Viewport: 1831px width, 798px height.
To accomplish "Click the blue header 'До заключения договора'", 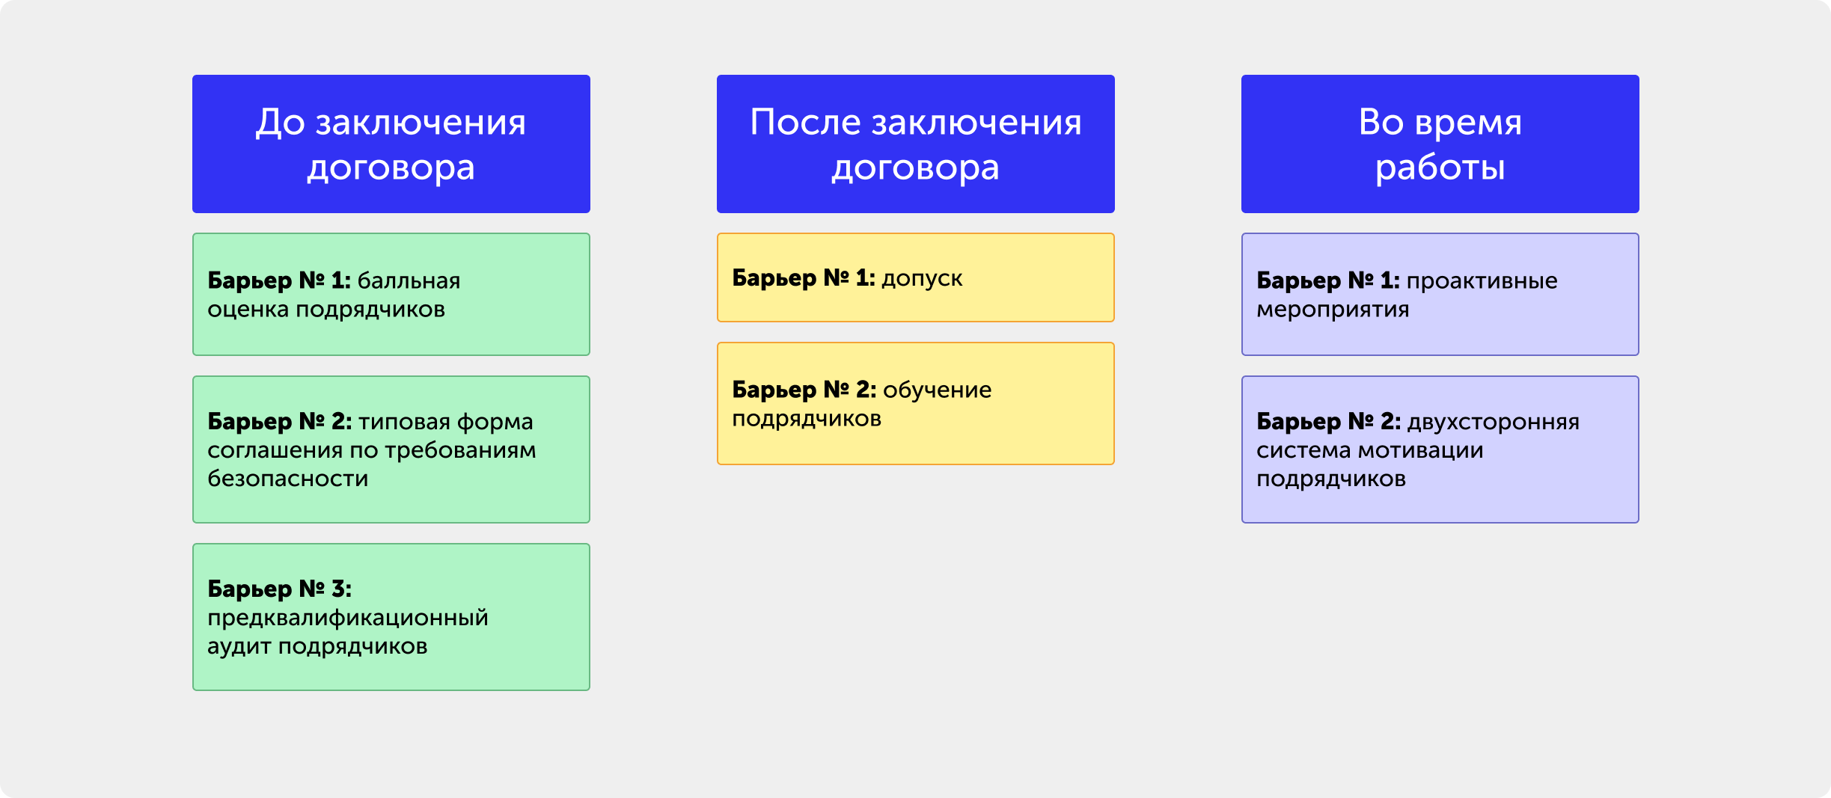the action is pos(391,144).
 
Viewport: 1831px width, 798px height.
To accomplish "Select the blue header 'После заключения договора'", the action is pos(915,144).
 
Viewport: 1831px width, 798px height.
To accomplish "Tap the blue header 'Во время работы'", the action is pos(1440,144).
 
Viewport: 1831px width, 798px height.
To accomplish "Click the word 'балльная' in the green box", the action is pos(409,280).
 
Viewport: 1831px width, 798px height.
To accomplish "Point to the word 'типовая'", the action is pos(404,422).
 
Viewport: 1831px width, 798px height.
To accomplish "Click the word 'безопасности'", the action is pos(288,479).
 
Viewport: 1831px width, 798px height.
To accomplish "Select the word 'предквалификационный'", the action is pos(348,619).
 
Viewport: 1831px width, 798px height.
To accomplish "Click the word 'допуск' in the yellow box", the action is pos(922,279).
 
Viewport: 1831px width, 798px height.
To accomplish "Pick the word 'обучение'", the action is pos(937,390).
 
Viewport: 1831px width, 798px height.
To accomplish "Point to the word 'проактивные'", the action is pos(1482,281).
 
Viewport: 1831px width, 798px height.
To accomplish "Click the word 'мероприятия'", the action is pos(1333,310).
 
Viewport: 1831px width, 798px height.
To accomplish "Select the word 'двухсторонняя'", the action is pos(1494,423).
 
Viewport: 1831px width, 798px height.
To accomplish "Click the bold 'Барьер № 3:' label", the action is pos(280,589).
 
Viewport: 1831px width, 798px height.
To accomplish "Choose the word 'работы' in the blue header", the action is pos(1440,168).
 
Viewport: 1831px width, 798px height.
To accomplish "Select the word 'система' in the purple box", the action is pos(1304,451).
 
